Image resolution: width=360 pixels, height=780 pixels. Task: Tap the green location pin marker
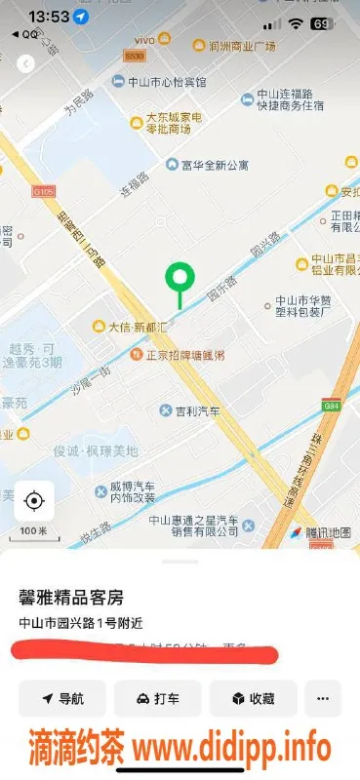point(179,280)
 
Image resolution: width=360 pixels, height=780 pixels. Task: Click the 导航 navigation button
point(63,698)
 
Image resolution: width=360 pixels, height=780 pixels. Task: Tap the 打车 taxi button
point(157,698)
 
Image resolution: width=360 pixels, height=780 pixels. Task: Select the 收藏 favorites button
point(253,698)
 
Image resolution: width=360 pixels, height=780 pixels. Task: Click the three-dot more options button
point(323,698)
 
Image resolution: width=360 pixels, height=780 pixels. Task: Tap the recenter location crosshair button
point(34,501)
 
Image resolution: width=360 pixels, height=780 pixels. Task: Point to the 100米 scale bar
point(33,532)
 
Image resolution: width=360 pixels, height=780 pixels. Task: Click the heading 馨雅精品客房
point(71,597)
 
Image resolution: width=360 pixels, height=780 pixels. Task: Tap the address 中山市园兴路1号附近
point(80,623)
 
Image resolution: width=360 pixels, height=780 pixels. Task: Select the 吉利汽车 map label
point(200,410)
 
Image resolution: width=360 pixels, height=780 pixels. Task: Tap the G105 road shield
point(43,191)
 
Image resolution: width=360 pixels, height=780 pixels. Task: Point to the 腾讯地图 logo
point(319,532)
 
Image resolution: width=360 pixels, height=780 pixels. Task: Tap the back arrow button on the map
point(26,63)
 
